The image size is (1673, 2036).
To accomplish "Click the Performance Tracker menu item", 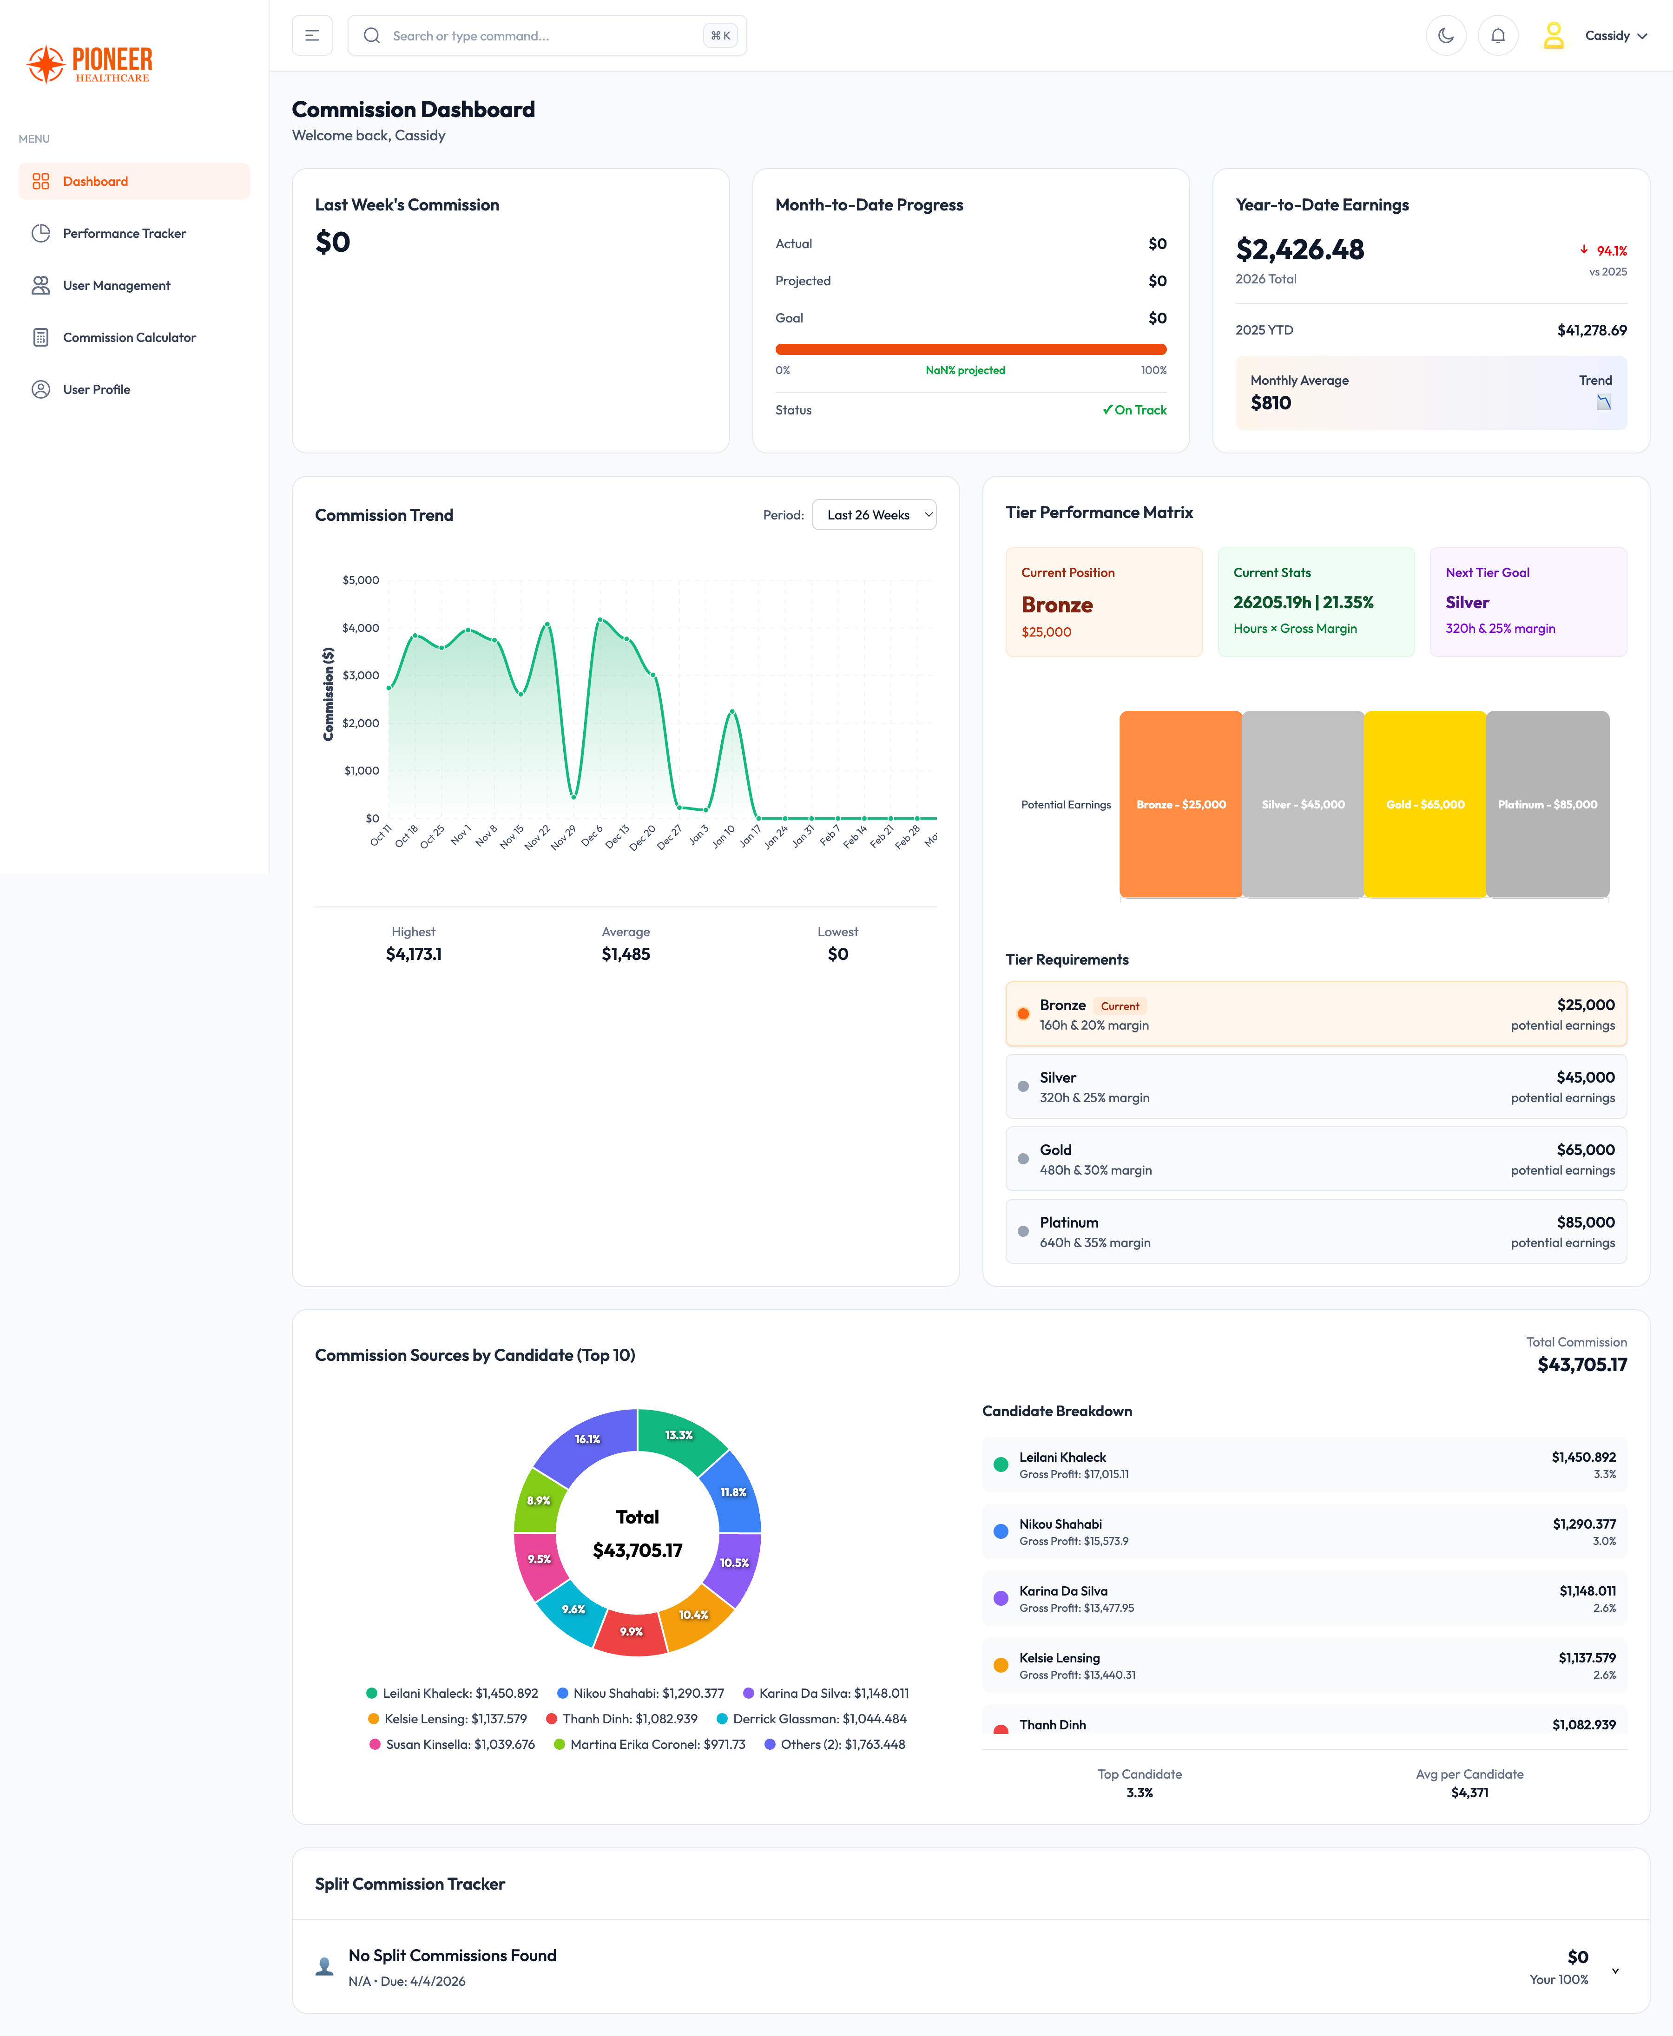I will pos(125,233).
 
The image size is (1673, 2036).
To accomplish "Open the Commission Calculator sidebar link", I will pos(129,337).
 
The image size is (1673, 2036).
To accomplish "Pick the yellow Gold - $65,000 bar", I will pos(1424,804).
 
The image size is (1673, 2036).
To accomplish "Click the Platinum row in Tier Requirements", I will pos(1316,1231).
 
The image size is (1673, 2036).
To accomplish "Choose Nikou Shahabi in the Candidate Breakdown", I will pos(1060,1524).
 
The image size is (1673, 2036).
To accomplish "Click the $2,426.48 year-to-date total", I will pos(1299,250).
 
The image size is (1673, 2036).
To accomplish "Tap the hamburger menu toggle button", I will pos(312,36).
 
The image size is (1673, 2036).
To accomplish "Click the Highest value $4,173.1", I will pos(414,954).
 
